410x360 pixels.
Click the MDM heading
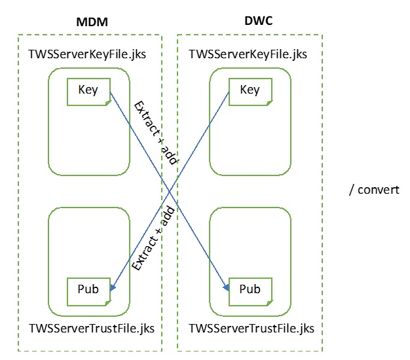(x=91, y=22)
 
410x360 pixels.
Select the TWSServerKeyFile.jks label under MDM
(x=88, y=54)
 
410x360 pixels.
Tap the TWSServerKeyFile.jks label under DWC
(x=248, y=54)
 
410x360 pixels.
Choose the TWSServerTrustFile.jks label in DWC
(x=251, y=327)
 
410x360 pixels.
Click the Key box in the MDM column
(x=88, y=90)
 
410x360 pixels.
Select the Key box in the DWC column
(x=249, y=90)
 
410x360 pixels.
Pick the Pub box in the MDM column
(x=88, y=289)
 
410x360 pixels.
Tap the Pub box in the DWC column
(x=249, y=289)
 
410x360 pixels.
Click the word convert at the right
(x=379, y=190)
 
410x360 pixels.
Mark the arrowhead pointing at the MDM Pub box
(x=114, y=288)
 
